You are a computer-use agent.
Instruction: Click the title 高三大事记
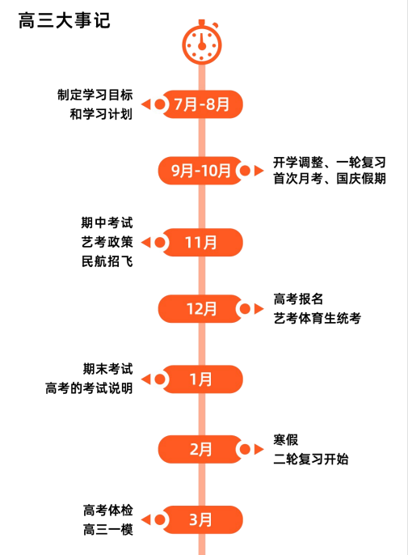point(65,20)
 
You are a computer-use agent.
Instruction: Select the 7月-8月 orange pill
point(202,104)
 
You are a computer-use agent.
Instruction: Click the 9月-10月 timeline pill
point(200,171)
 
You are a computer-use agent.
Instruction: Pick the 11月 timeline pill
point(202,243)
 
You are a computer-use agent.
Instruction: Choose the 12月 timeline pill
point(200,309)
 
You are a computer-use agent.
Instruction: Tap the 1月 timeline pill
point(202,379)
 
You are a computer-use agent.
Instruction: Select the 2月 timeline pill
point(200,449)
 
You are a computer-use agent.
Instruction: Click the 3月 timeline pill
point(202,519)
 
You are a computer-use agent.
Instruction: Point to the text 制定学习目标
point(95,95)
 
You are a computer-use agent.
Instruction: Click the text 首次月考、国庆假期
point(329,178)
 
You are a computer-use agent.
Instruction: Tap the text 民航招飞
point(107,261)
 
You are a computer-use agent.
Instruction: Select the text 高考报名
point(298,299)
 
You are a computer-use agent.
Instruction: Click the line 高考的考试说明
point(89,388)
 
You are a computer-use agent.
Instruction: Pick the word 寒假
point(286,440)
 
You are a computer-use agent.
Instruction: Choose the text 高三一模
point(107,530)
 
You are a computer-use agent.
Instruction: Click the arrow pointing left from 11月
point(145,243)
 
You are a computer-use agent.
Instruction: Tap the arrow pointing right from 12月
point(259,309)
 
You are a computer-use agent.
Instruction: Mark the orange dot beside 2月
point(245,449)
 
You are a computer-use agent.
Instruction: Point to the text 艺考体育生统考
point(318,318)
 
